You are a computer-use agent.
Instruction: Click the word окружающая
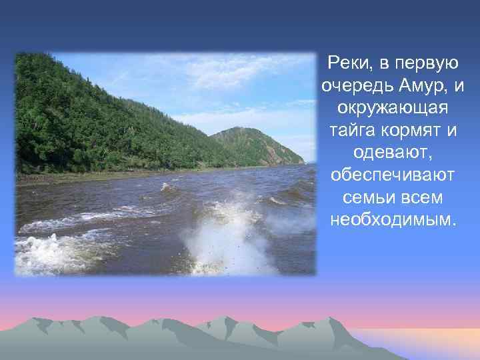coord(393,108)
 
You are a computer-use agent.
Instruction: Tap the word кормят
coord(412,130)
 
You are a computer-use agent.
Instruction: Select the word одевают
coord(393,153)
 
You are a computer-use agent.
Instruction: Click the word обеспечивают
coord(393,175)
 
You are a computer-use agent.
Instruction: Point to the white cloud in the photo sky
coord(233,73)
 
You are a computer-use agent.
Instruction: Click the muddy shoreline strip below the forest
coord(100,177)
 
